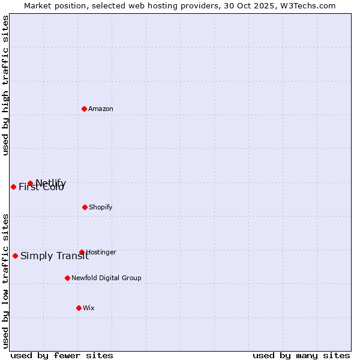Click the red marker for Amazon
[x=85, y=109]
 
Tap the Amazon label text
[x=101, y=109]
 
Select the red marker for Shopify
[x=85, y=207]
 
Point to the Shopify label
[x=101, y=208]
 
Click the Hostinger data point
[x=82, y=253]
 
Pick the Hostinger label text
[x=101, y=253]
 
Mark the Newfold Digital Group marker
[x=67, y=278]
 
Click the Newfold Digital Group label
[x=106, y=278]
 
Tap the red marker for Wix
[x=79, y=308]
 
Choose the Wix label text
[x=89, y=308]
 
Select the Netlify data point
[x=30, y=183]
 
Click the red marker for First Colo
[x=13, y=187]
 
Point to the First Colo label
[x=41, y=187]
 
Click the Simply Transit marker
[x=15, y=256]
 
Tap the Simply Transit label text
[x=55, y=256]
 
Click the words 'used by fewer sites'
[x=62, y=355]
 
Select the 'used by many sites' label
[x=301, y=355]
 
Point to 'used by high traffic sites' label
[x=5, y=86]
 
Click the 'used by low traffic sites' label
[x=5, y=280]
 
